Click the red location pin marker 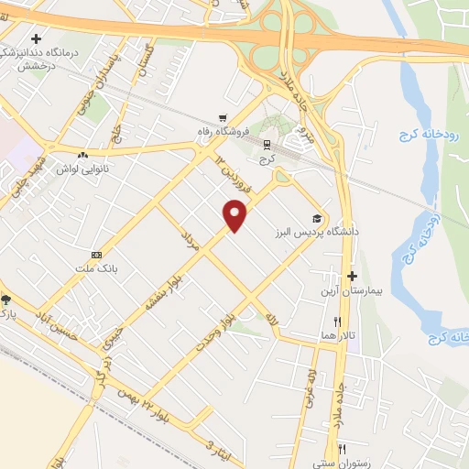(x=236, y=214)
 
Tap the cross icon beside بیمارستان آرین (x=352, y=276)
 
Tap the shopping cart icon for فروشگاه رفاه (x=223, y=117)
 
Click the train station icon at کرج (x=267, y=144)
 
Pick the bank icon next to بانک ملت (x=96, y=254)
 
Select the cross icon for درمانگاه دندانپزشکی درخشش (x=36, y=39)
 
